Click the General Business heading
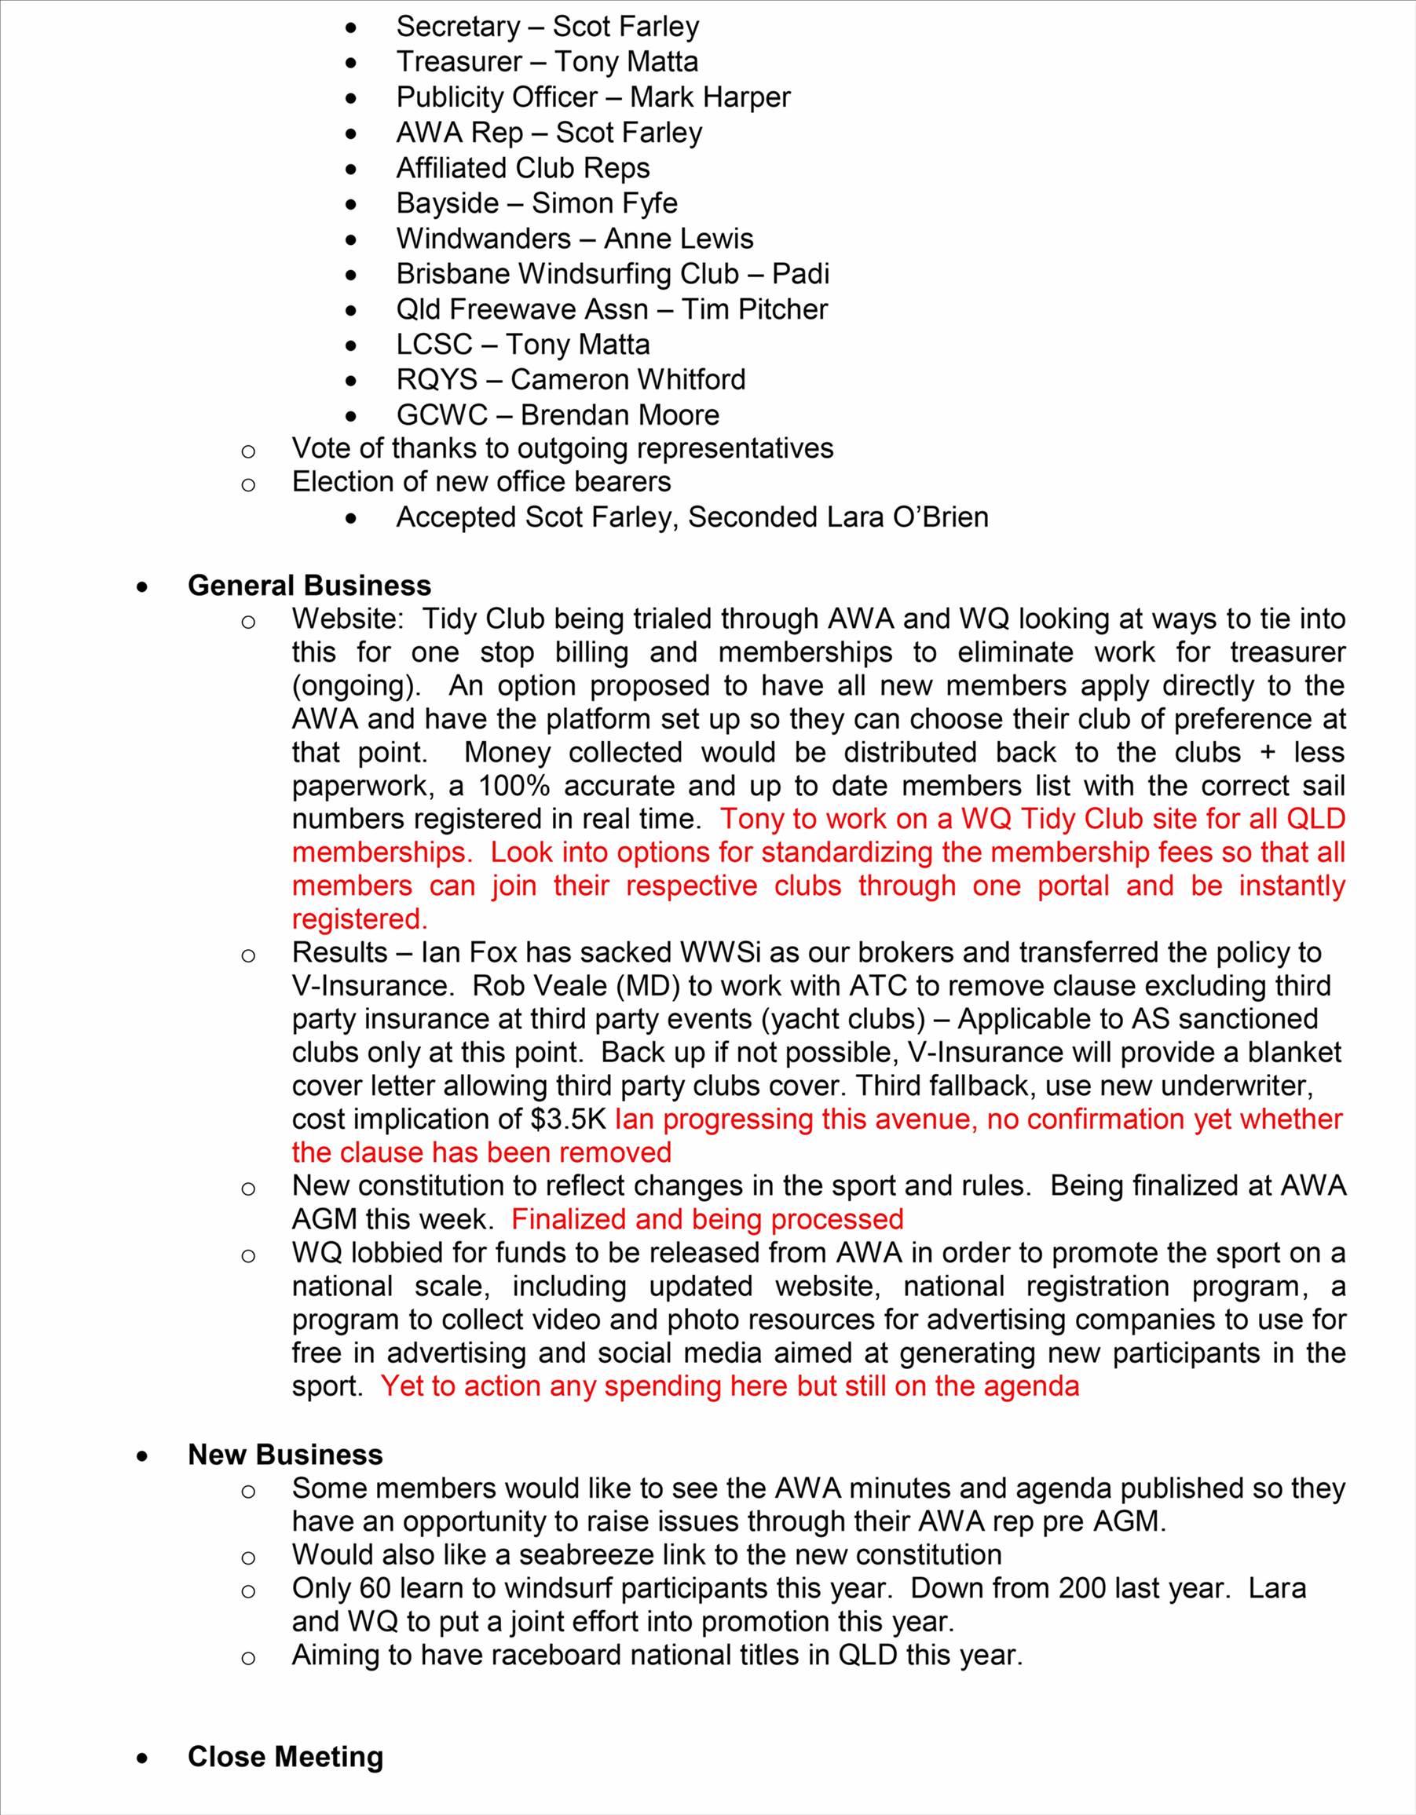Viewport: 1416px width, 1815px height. tap(309, 586)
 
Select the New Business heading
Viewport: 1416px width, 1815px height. tap(285, 1455)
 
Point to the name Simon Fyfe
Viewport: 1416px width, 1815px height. tap(605, 203)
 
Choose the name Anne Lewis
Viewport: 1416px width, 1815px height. tap(679, 239)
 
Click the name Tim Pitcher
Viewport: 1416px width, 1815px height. tap(754, 309)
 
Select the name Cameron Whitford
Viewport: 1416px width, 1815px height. tap(628, 380)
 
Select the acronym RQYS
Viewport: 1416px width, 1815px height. tap(437, 380)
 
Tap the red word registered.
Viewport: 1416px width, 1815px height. tap(359, 919)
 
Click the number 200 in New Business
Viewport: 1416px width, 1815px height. tap(1081, 1588)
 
